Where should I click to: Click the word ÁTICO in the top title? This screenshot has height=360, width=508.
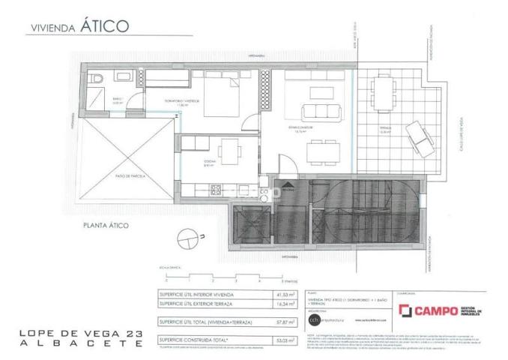coord(106,25)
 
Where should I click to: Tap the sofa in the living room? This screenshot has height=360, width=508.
coord(317,113)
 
